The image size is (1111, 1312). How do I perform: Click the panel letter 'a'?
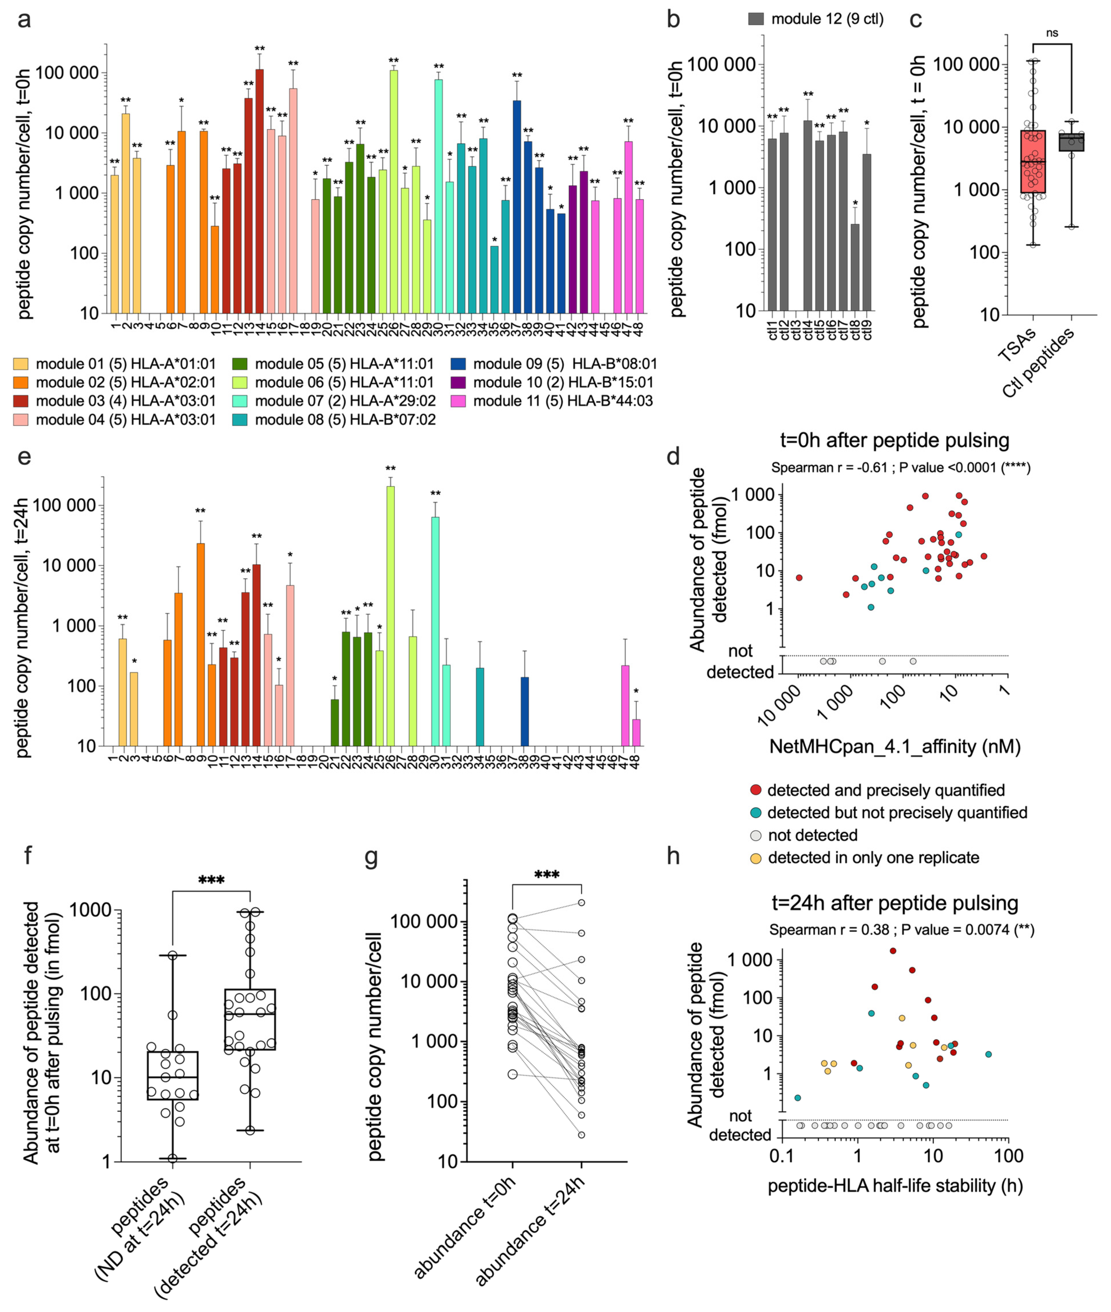click(24, 20)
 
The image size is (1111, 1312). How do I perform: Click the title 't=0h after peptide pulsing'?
click(894, 440)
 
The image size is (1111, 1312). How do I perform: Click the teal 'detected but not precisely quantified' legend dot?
click(756, 813)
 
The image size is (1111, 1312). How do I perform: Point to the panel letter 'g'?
click(372, 858)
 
